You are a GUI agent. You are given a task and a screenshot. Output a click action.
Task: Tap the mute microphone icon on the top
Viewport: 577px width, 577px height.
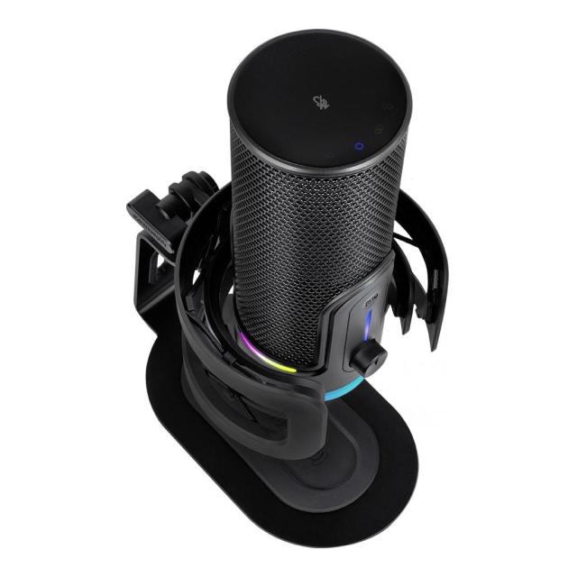[x=318, y=101]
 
